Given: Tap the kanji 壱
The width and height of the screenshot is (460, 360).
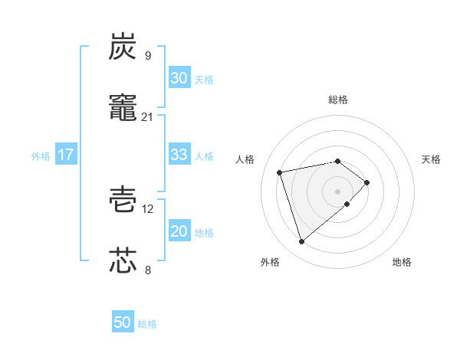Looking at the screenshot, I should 123,198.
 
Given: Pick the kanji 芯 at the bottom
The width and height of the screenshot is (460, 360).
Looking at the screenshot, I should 123,260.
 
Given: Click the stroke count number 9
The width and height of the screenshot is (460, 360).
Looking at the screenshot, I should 147,55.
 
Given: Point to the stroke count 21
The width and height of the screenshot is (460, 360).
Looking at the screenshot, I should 147,116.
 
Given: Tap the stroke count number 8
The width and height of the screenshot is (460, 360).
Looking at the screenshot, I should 147,270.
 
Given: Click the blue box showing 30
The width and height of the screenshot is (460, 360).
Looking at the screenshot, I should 179,78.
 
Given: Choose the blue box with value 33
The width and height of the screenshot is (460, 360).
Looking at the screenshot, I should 179,155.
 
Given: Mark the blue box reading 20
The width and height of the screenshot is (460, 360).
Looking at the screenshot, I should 179,231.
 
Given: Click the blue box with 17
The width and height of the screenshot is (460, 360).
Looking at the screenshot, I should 65,155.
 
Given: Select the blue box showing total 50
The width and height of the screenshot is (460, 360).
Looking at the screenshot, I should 123,322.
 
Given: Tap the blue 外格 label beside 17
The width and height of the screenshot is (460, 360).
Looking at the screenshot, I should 41,156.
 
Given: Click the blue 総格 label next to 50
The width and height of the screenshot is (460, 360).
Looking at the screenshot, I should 147,324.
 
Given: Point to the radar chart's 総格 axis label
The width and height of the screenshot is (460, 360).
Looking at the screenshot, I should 338,100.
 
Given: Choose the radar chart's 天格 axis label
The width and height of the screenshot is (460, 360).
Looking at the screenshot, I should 432,159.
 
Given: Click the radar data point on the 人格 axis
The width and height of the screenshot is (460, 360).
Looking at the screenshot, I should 281,172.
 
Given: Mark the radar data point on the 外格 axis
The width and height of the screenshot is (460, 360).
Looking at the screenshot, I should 302,242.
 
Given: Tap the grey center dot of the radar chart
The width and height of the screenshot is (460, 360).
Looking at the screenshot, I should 338,190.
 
